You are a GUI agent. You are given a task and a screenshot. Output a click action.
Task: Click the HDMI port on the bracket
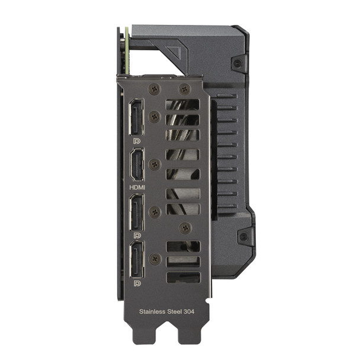[x=137, y=165]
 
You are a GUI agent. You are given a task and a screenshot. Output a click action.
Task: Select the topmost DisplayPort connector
[x=136, y=118]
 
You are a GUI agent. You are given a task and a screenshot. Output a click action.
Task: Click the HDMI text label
[x=137, y=187]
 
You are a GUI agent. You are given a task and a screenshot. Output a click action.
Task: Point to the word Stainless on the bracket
[x=152, y=310]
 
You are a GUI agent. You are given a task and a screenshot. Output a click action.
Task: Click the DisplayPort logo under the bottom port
[x=137, y=284]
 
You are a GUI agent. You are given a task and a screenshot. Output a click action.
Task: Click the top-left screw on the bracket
[x=155, y=89]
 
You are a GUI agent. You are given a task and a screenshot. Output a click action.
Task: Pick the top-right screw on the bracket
[x=184, y=89]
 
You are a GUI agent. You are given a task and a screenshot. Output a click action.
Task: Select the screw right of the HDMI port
[x=155, y=165]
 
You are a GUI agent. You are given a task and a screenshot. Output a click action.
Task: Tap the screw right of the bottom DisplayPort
[x=155, y=259]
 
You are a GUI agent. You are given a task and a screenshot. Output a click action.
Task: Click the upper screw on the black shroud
[x=238, y=63]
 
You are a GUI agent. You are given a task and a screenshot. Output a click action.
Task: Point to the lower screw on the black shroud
[x=243, y=236]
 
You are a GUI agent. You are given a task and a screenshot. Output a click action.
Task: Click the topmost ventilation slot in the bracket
[x=182, y=105]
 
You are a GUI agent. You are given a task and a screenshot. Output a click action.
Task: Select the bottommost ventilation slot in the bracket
[x=183, y=277]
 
